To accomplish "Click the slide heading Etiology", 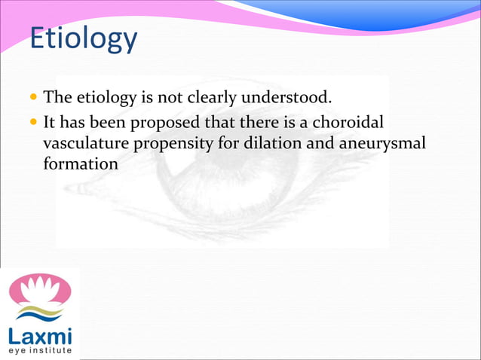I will pyautogui.click(x=83, y=38).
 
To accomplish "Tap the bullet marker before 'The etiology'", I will pyautogui.click(x=35, y=98).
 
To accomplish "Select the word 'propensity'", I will pyautogui.click(x=170, y=142).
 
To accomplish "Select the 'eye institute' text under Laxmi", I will pyautogui.click(x=41, y=350).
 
